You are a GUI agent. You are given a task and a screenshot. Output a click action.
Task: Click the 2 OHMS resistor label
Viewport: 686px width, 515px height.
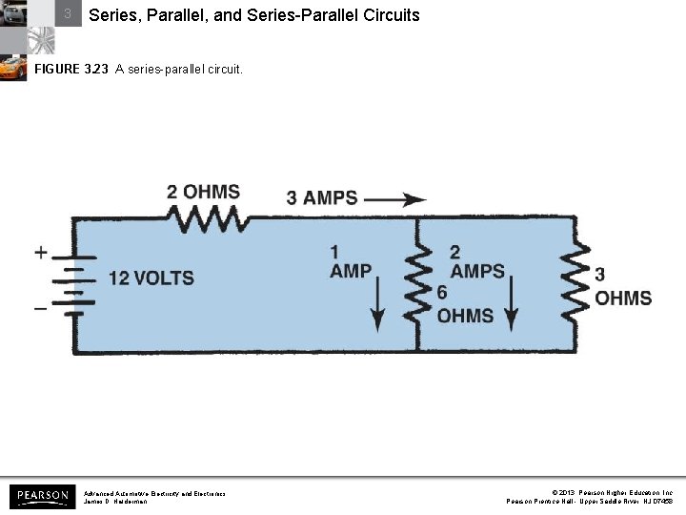(x=203, y=192)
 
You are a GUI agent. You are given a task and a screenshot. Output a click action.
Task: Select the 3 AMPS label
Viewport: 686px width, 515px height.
(x=322, y=198)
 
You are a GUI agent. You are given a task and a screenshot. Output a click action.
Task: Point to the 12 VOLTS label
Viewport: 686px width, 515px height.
(x=151, y=278)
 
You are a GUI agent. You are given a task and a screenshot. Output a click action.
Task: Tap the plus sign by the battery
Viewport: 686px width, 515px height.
(x=41, y=253)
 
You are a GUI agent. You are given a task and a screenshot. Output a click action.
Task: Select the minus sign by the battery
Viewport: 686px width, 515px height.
(x=41, y=309)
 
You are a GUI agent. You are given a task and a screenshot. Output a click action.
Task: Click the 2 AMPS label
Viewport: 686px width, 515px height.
(x=476, y=261)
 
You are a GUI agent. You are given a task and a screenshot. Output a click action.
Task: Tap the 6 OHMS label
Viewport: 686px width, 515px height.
(x=464, y=305)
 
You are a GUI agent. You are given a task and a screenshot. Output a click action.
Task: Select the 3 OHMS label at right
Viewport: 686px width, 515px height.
(x=622, y=287)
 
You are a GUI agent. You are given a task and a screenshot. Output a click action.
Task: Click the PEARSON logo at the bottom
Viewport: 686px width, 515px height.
(x=43, y=496)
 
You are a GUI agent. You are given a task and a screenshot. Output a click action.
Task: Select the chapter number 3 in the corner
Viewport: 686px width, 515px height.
(x=68, y=14)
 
